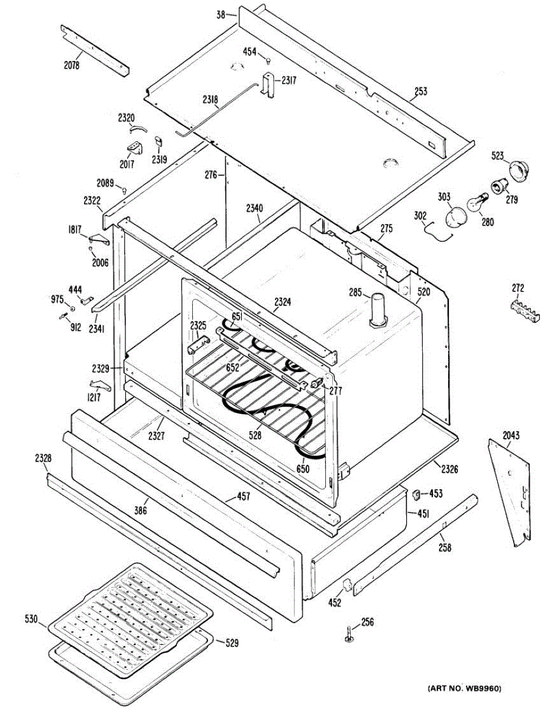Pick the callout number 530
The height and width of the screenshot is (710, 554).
click(31, 619)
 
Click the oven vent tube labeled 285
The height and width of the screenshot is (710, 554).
click(377, 309)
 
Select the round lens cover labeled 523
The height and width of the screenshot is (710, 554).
click(520, 171)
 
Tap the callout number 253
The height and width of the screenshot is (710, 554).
click(420, 91)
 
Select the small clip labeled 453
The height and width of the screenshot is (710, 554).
click(416, 494)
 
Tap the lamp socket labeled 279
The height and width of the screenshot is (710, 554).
click(499, 186)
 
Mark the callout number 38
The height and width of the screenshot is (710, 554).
click(221, 14)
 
